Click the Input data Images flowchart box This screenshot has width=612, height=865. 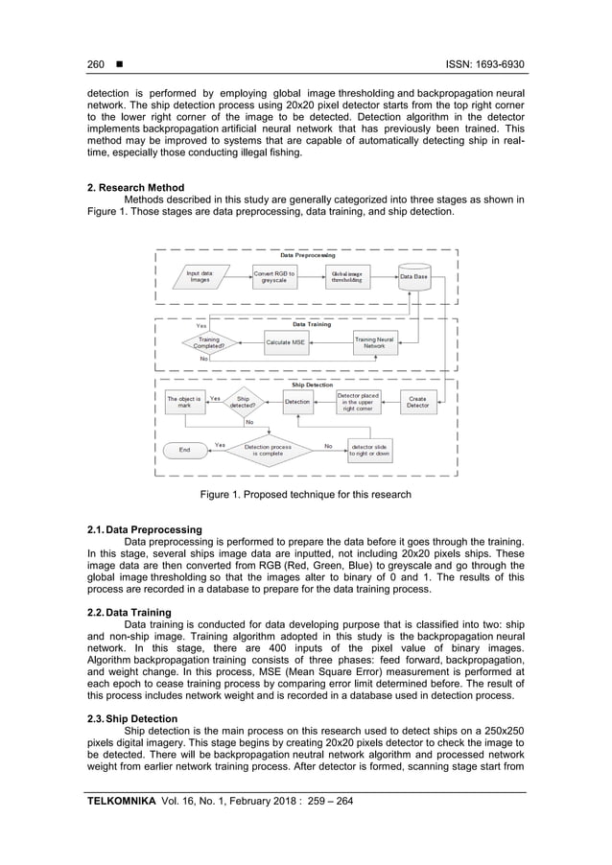coord(200,276)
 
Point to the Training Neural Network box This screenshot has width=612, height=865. coord(374,342)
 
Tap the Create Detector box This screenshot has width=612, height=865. coord(417,402)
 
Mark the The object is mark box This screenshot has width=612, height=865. coord(183,402)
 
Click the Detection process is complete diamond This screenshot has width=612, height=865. coord(268,449)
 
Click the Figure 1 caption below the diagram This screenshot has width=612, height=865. coord(305,495)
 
